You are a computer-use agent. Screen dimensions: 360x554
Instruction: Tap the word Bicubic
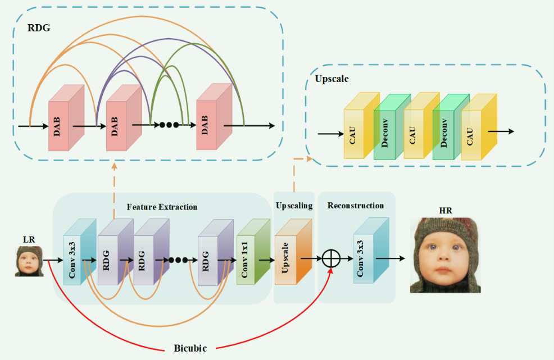tap(190, 348)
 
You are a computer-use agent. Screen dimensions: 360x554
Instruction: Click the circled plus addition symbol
tap(332, 259)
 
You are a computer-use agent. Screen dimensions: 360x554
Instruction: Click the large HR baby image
tap(445, 256)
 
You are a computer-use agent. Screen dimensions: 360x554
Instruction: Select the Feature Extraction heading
tap(162, 207)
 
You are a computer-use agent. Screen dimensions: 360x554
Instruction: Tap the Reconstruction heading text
tap(356, 206)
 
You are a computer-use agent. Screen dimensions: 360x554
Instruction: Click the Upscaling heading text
tap(294, 206)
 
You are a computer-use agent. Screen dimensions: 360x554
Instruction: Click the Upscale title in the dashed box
tap(332, 80)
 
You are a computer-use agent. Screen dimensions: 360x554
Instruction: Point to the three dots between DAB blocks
tap(169, 125)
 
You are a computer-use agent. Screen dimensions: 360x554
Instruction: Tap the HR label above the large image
tap(445, 211)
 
